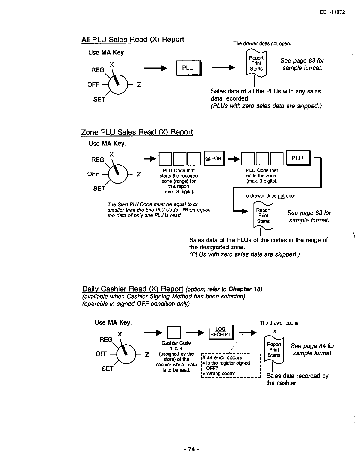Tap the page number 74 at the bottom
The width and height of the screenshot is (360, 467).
[192, 449]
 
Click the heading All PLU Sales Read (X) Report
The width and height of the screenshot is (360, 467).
[132, 40]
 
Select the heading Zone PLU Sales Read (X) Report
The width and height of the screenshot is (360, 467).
[137, 132]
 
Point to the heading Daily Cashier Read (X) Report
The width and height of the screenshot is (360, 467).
[132, 289]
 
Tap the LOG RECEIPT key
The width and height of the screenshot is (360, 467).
[221, 332]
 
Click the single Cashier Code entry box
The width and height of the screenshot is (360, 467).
[174, 332]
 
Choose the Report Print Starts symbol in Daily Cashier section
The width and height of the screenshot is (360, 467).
[274, 350]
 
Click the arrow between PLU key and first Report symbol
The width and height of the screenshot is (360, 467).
[223, 68]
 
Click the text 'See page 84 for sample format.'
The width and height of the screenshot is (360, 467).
[312, 349]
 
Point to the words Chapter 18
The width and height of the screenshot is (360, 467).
[244, 289]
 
